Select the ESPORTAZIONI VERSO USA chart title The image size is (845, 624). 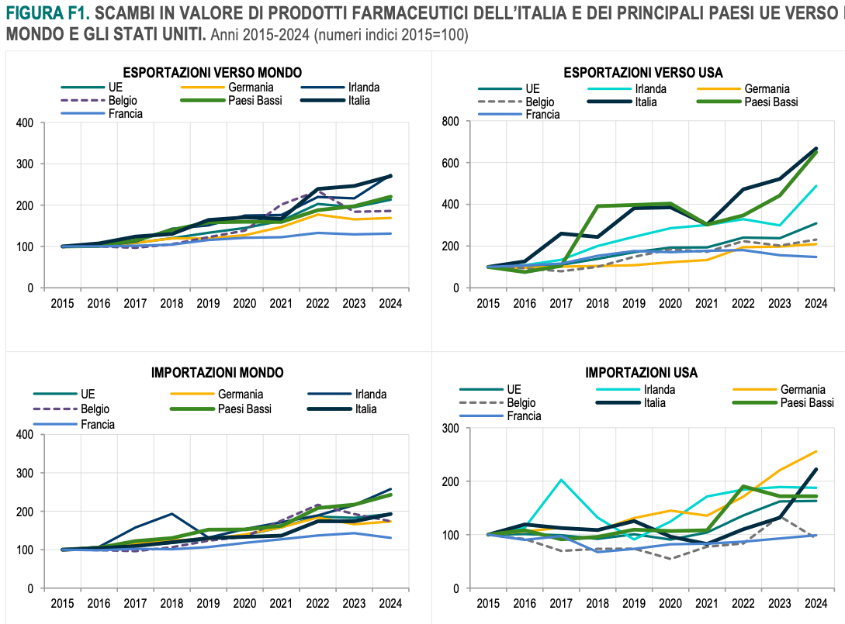tap(643, 72)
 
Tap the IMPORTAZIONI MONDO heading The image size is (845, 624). tap(217, 373)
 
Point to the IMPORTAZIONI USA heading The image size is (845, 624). tap(641, 373)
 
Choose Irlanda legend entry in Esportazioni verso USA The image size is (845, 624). tap(652, 88)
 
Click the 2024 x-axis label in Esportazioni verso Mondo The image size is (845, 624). tap(390, 303)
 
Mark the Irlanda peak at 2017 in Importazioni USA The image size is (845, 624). tap(560, 480)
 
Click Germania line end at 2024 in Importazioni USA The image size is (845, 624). tap(816, 451)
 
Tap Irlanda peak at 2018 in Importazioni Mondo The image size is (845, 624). tap(172, 514)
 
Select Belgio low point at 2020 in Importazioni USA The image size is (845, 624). tap(670, 559)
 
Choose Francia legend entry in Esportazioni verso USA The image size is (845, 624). tap(542, 114)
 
